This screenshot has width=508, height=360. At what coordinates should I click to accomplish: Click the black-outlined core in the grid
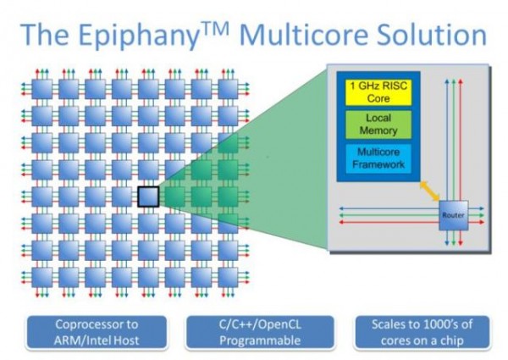pos(149,197)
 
